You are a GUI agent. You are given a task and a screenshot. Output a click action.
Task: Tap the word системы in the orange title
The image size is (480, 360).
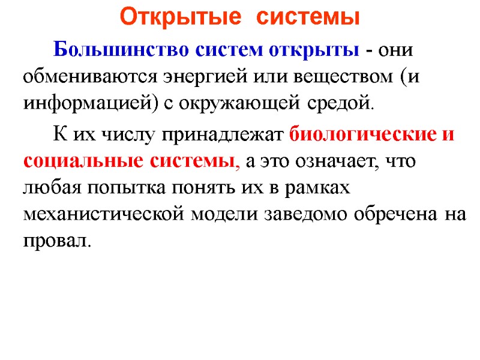pyautogui.click(x=308, y=17)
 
